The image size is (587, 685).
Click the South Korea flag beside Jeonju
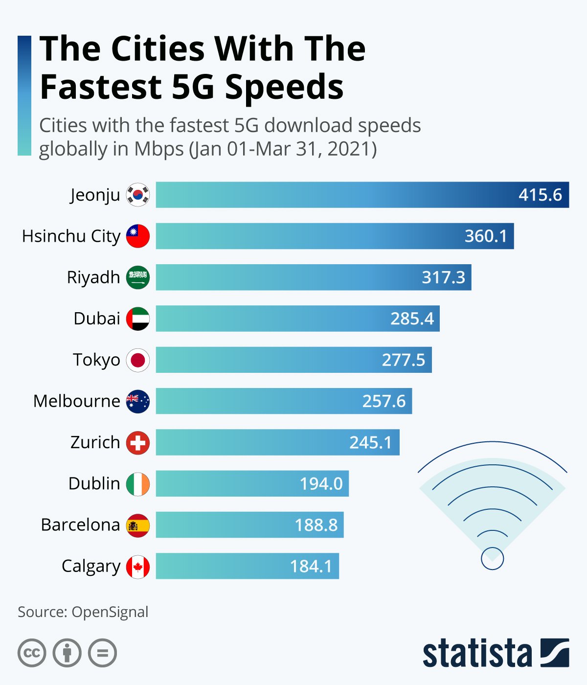pos(138,195)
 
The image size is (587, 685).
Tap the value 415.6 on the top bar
pos(540,195)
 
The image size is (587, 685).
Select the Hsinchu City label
pos(71,236)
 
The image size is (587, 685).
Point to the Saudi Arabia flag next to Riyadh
pos(138,277)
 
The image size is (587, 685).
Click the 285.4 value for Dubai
pos(412,319)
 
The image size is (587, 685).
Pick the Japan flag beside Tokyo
pos(138,360)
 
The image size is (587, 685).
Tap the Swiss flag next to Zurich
pos(138,442)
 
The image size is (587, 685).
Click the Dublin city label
pos(94,483)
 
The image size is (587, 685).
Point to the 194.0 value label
pos(321,483)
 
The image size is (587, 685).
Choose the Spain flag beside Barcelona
pos(138,525)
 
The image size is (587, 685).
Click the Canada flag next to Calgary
pos(138,567)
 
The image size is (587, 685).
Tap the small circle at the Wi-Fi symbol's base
pos(492,558)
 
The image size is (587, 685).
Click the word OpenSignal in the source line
pos(110,612)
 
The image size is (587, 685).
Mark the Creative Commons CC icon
pos(32,653)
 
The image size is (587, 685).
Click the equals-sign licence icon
pos(103,653)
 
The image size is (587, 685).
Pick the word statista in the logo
pos(477,653)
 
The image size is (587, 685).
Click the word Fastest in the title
pos(100,87)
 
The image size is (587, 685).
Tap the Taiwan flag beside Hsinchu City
pos(138,236)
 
